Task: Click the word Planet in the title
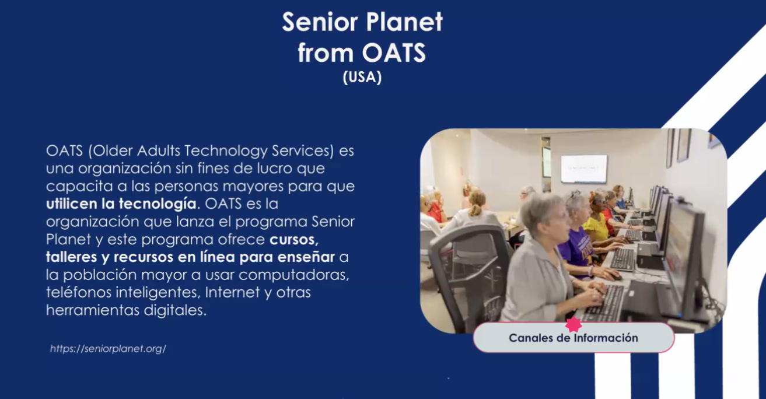coord(404,22)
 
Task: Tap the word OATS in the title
coord(394,53)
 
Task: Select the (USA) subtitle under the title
coord(362,77)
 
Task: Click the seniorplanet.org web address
coord(108,348)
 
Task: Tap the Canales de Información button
coord(573,337)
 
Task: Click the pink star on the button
coord(573,324)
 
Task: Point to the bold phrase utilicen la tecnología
coord(121,204)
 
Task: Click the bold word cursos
coord(294,239)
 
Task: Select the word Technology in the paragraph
coord(226,150)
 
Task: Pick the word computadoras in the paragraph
coord(294,275)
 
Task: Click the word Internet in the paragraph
coord(232,292)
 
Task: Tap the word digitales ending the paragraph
coord(175,310)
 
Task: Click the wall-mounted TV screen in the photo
coord(584,169)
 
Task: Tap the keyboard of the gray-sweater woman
coord(604,303)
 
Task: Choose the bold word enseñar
coord(306,257)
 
